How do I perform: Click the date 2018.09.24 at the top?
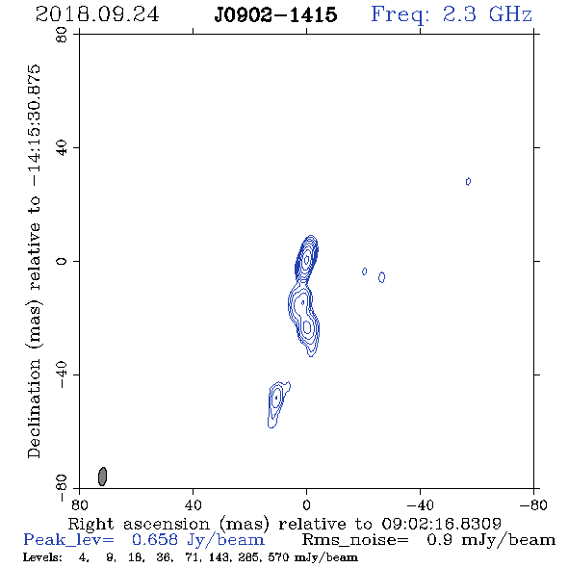pyautogui.click(x=97, y=14)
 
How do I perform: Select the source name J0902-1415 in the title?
pyautogui.click(x=275, y=14)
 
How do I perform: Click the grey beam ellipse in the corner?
pyautogui.click(x=102, y=477)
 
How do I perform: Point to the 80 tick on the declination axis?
pyautogui.click(x=62, y=35)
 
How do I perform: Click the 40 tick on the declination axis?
pyautogui.click(x=62, y=148)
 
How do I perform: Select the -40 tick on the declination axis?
pyautogui.click(x=62, y=374)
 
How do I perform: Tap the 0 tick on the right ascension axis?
pyautogui.click(x=306, y=504)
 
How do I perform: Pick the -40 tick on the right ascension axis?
pyautogui.click(x=420, y=504)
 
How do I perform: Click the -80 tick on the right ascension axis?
pyautogui.click(x=533, y=504)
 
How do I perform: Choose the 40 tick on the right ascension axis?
pyautogui.click(x=193, y=504)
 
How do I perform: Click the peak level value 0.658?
pyautogui.click(x=155, y=540)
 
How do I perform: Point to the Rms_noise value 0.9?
pyautogui.click(x=439, y=540)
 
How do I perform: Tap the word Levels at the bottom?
pyautogui.click(x=42, y=557)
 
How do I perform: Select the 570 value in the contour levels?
pyautogui.click(x=278, y=557)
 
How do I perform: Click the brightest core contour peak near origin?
pyautogui.click(x=307, y=259)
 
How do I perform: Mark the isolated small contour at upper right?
pyautogui.click(x=468, y=181)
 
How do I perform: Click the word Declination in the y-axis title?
pyautogui.click(x=34, y=408)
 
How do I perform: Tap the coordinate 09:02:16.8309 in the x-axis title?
pyautogui.click(x=441, y=524)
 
